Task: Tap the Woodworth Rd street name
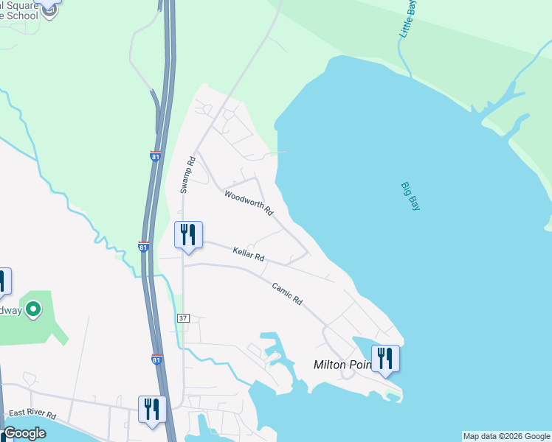tap(249, 203)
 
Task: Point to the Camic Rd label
tap(287, 294)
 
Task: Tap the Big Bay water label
tap(410, 197)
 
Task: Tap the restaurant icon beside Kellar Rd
tap(187, 235)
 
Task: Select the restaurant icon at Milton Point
tap(384, 359)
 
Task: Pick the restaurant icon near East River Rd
tap(152, 409)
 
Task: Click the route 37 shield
tap(183, 318)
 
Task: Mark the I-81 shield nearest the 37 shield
tap(156, 359)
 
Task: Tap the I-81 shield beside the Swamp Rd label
tap(155, 157)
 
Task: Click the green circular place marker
tap(32, 311)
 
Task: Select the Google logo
tap(24, 433)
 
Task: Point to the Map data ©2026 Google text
tap(506, 436)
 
